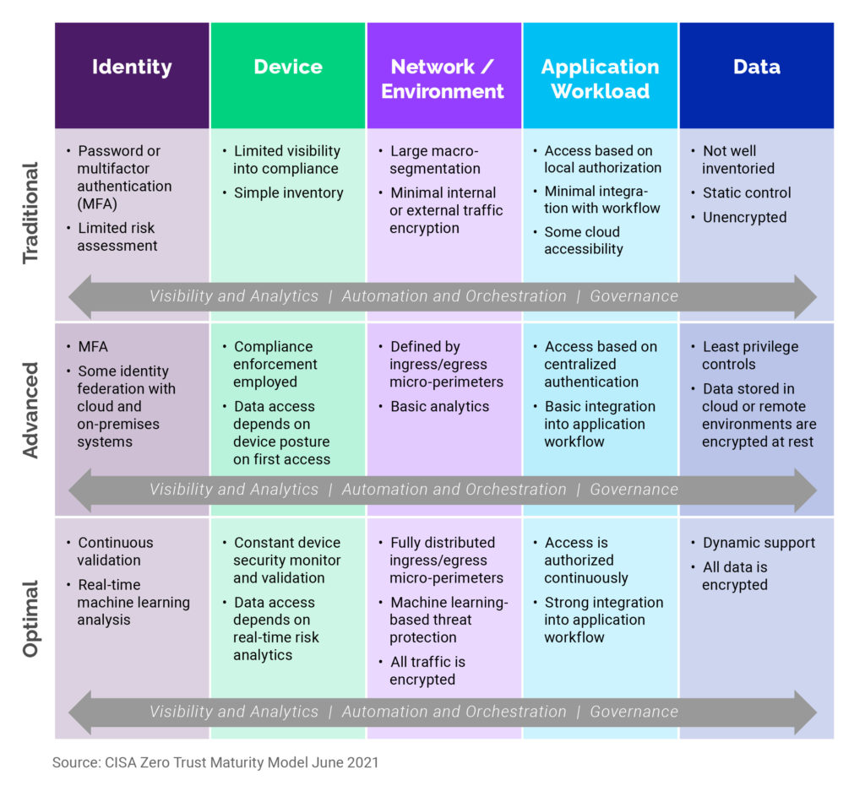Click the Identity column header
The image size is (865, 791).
coord(132,67)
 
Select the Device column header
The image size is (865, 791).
coord(288,67)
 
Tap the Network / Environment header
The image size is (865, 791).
coord(443,79)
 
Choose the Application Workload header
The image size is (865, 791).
coord(600,79)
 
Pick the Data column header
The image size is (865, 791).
coord(757,67)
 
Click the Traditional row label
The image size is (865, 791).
coord(31,213)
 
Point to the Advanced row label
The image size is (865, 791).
coord(31,410)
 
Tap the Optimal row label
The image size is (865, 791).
coord(31,618)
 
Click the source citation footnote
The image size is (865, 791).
coord(215,762)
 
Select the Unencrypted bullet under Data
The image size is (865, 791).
coord(744,217)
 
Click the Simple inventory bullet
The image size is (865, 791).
coord(288,192)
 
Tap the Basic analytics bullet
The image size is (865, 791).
coord(439,406)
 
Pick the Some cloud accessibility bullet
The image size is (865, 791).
coord(583,241)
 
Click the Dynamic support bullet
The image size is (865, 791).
coord(759,543)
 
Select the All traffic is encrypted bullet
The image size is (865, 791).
coord(427,670)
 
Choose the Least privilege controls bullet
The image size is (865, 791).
coord(749,355)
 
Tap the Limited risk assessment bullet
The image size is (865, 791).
coord(117,237)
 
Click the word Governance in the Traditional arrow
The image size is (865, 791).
coord(634,296)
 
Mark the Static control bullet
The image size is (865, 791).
coord(747,192)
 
